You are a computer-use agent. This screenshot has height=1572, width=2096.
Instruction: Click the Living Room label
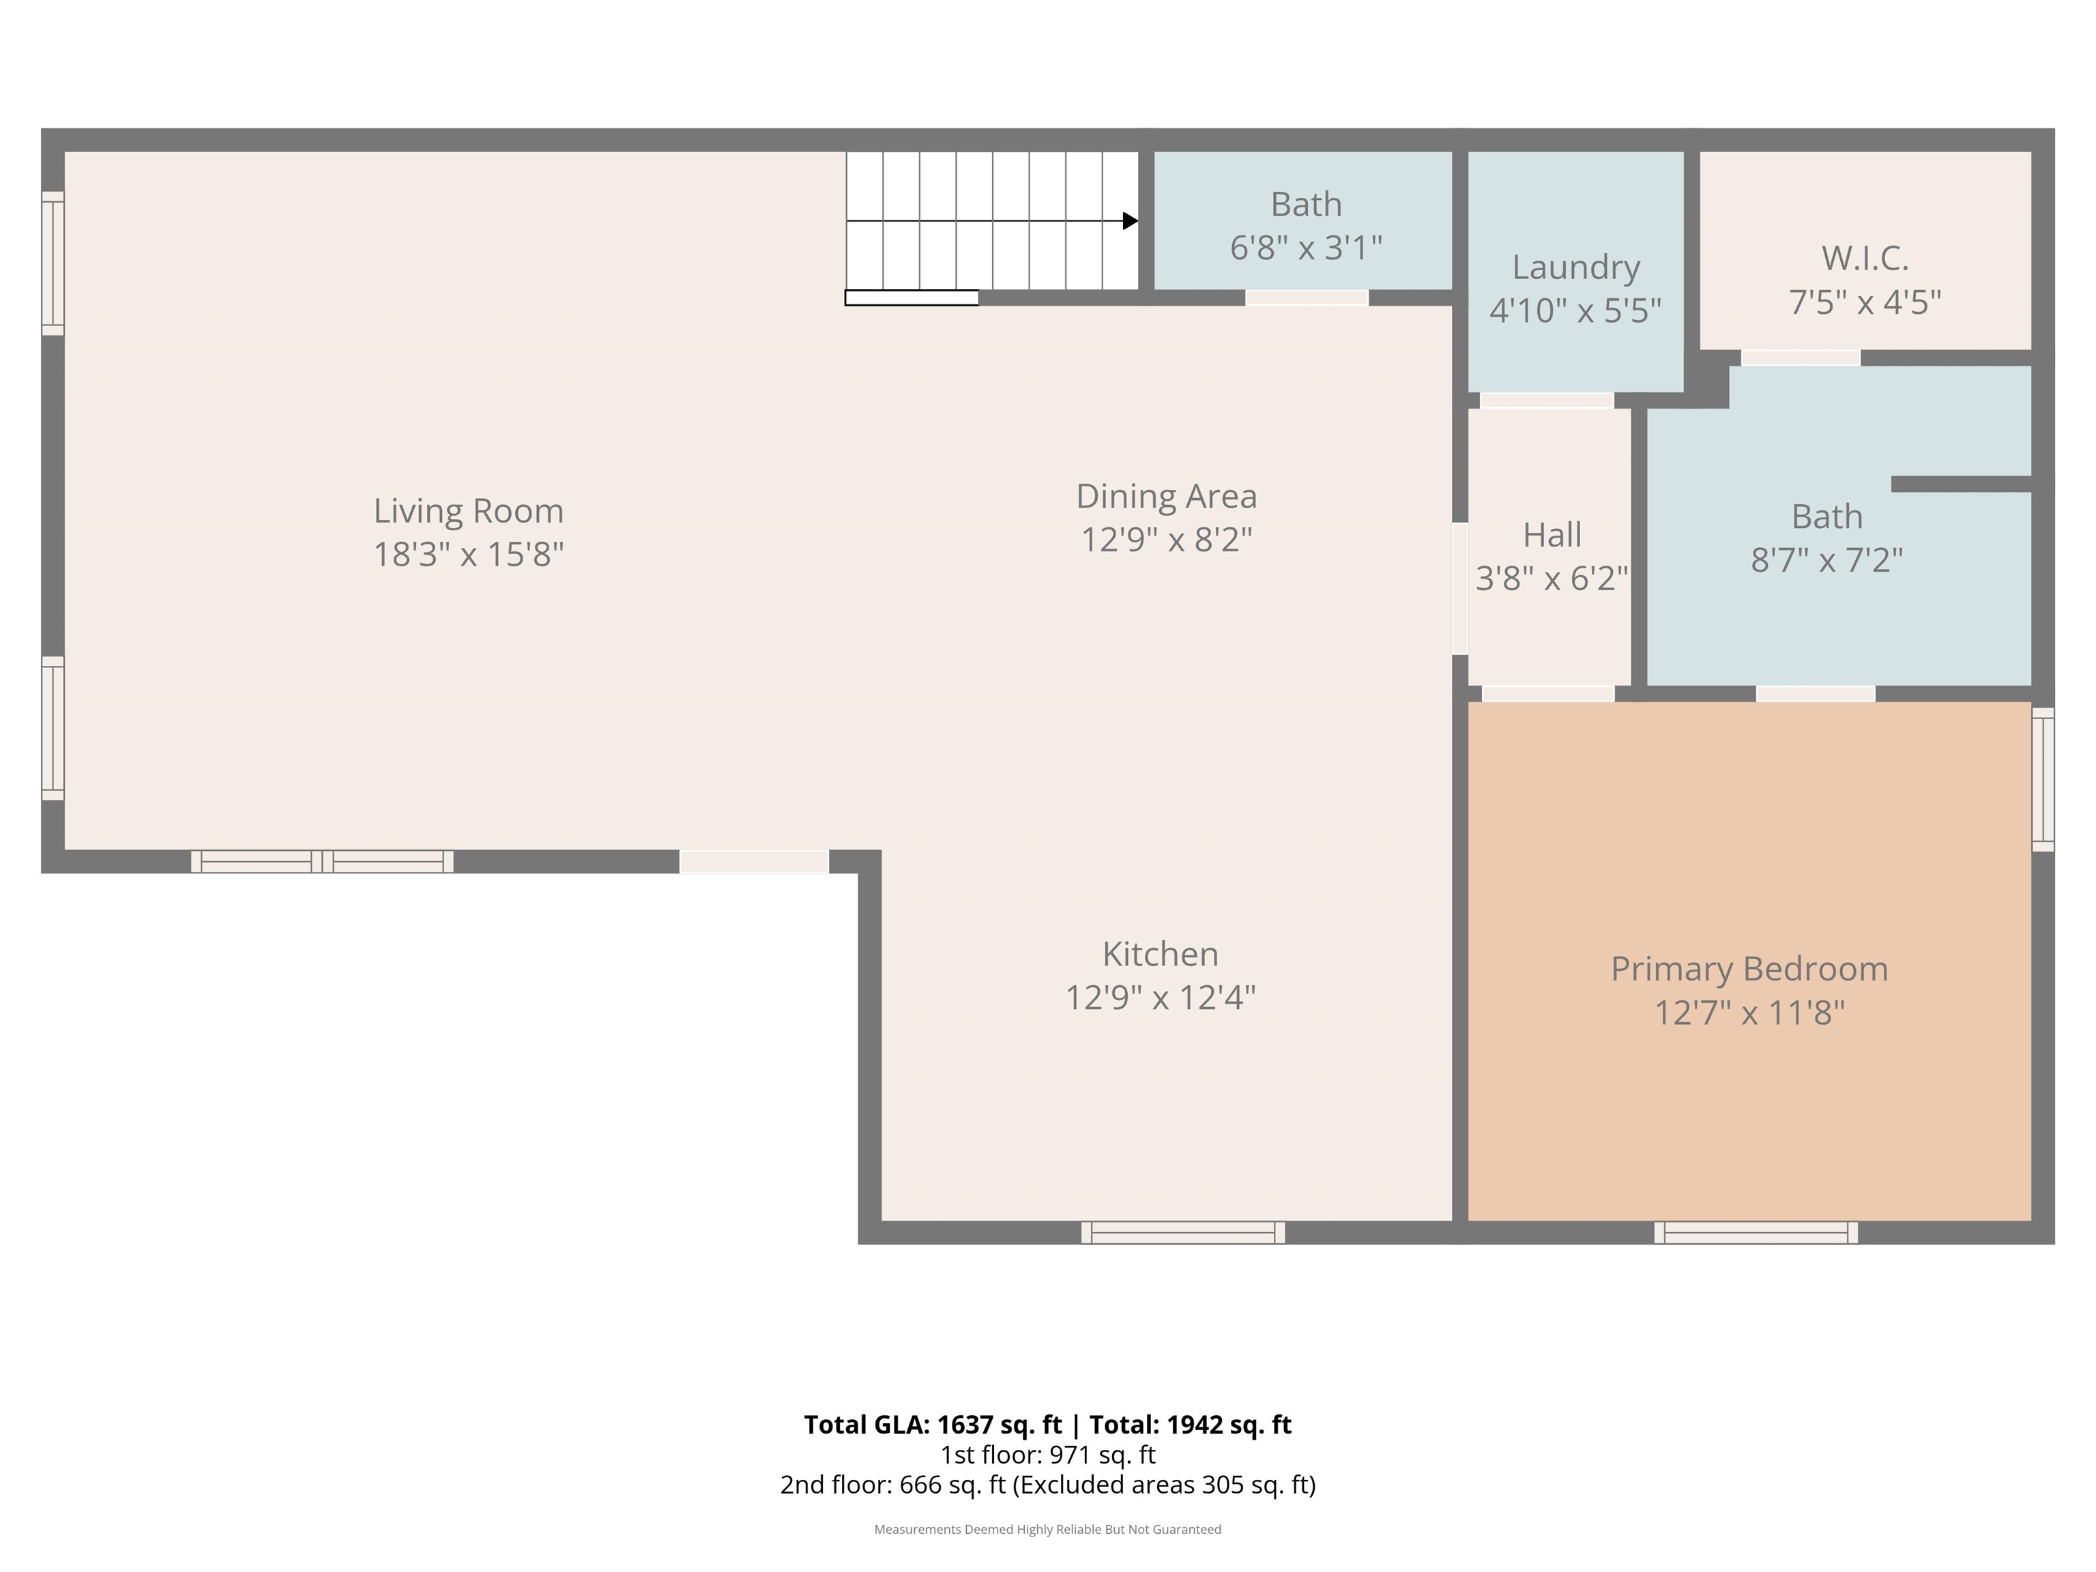pyautogui.click(x=468, y=512)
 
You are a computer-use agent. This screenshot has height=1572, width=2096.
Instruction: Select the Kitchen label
pyautogui.click(x=1161, y=955)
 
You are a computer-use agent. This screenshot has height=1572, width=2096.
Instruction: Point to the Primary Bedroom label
pyautogui.click(x=1749, y=970)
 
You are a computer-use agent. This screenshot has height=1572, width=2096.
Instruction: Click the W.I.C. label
pyautogui.click(x=1865, y=258)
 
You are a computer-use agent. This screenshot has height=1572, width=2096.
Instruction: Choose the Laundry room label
pyautogui.click(x=1576, y=268)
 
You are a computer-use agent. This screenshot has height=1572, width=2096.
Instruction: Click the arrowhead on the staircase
pyautogui.click(x=1131, y=221)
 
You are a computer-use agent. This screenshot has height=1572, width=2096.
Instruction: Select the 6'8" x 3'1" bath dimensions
pyautogui.click(x=1306, y=248)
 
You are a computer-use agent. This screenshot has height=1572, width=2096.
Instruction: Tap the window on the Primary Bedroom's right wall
pyautogui.click(x=2043, y=779)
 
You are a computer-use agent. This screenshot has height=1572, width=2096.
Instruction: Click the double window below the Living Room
pyautogui.click(x=322, y=861)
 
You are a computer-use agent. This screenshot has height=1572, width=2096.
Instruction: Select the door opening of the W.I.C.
pyautogui.click(x=1801, y=358)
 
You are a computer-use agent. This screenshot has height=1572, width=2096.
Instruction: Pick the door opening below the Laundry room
pyautogui.click(x=1547, y=401)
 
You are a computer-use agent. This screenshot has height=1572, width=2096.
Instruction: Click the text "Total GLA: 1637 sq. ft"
pyautogui.click(x=933, y=1425)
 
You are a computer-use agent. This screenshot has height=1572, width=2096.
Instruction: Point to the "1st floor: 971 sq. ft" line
pyautogui.click(x=1048, y=1455)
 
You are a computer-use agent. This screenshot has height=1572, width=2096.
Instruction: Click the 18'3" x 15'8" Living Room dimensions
pyautogui.click(x=468, y=554)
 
